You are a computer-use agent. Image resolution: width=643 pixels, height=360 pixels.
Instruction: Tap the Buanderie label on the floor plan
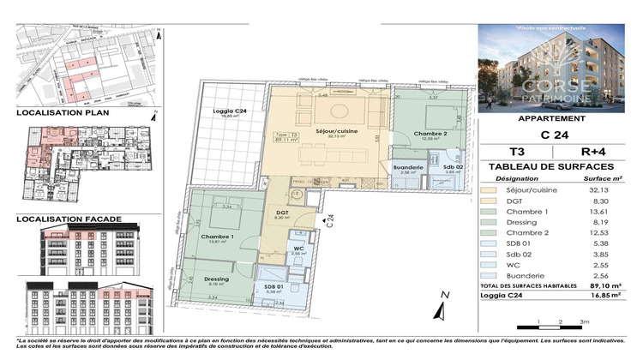click(406, 167)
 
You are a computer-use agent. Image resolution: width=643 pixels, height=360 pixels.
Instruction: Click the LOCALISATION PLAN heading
click(58, 112)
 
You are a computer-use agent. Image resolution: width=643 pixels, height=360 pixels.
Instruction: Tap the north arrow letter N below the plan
click(445, 295)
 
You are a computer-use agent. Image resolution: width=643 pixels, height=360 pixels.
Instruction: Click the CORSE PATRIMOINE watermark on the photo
click(558, 90)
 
